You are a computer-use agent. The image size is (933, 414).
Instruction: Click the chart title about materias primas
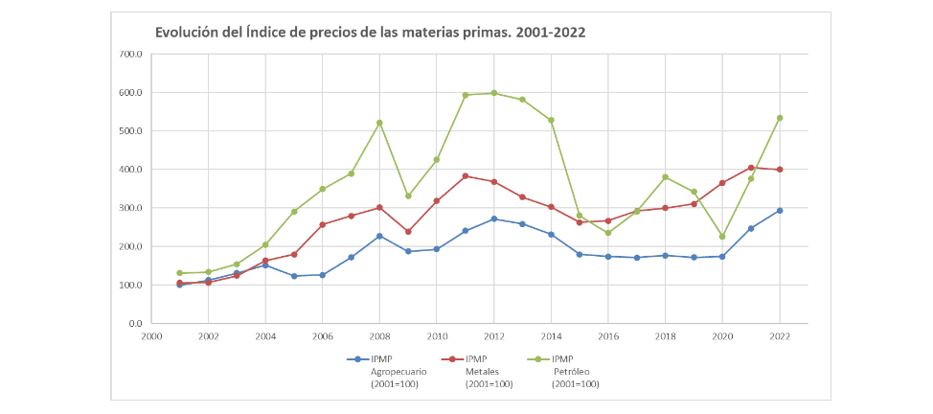click(x=370, y=33)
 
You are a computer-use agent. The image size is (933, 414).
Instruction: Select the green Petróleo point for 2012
click(x=493, y=93)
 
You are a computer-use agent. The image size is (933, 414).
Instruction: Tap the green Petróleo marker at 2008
click(x=379, y=123)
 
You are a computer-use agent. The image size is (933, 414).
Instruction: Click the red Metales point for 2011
click(x=465, y=176)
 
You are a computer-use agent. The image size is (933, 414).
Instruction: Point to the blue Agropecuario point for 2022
click(x=779, y=211)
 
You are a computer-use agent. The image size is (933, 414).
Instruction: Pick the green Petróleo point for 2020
click(x=722, y=236)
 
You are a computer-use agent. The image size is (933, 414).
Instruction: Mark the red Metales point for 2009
click(x=408, y=232)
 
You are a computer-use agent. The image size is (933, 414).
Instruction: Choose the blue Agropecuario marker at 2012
click(x=493, y=219)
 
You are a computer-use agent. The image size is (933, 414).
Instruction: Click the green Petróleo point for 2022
click(x=779, y=118)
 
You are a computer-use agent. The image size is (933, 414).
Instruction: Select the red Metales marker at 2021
click(x=751, y=168)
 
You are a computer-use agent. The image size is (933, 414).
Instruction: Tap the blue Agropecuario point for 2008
click(x=379, y=236)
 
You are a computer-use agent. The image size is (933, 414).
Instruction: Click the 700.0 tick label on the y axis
click(x=130, y=55)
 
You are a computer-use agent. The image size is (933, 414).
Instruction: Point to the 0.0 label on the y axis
click(x=135, y=324)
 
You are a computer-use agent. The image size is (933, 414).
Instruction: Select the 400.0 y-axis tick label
click(x=130, y=170)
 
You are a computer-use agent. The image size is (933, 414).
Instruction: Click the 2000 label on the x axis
click(x=151, y=337)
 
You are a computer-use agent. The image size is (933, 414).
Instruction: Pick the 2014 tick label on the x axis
click(x=550, y=337)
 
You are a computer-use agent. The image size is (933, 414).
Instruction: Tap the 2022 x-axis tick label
click(x=779, y=337)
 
